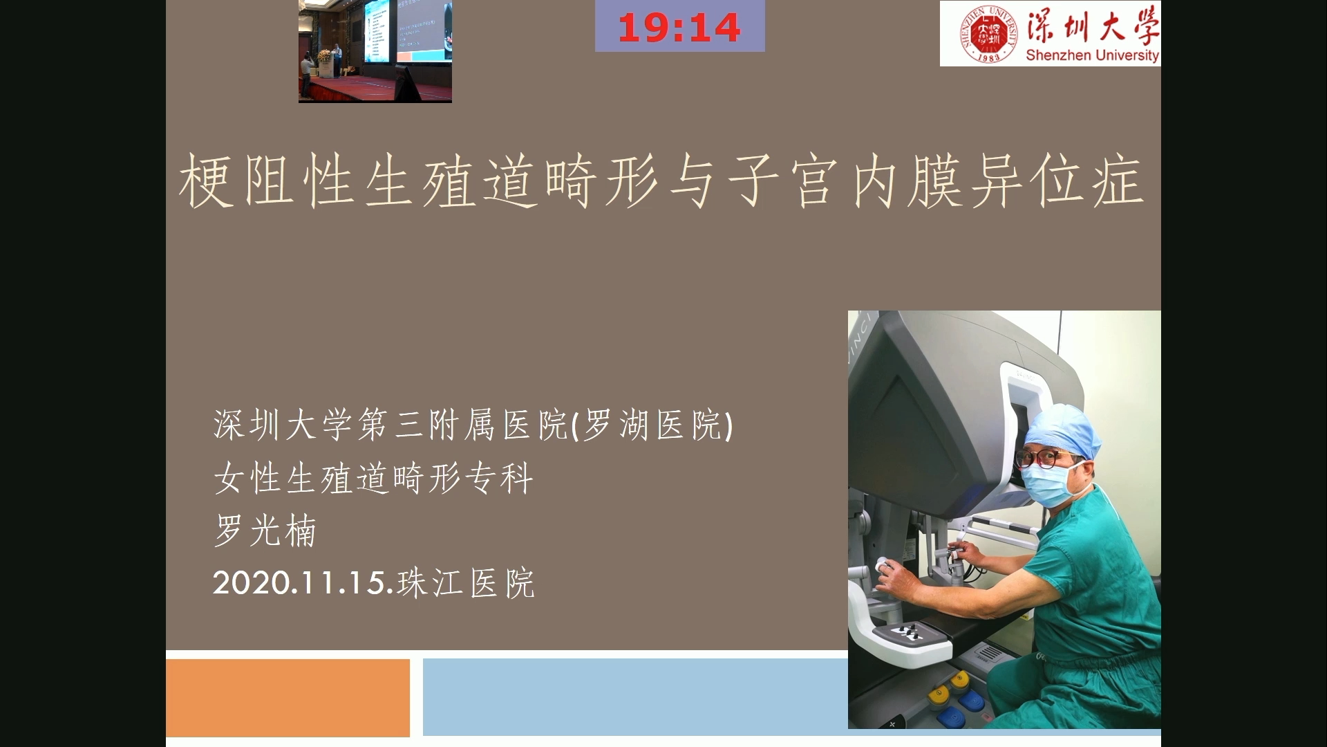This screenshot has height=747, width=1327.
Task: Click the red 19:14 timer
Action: [679, 28]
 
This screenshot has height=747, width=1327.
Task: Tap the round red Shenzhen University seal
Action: [989, 34]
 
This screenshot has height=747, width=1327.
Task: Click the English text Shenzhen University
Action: [1092, 55]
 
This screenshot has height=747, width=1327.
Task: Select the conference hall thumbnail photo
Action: [375, 51]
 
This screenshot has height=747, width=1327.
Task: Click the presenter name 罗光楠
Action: [265, 531]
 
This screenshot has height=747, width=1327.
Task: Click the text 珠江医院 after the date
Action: [466, 583]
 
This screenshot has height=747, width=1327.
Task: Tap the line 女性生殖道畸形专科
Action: [373, 478]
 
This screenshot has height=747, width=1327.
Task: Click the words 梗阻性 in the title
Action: [267, 181]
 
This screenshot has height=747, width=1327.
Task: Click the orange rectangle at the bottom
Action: [288, 698]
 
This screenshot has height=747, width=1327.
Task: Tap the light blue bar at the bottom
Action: [635, 697]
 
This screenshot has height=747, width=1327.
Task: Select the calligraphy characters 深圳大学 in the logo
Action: [1092, 26]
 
